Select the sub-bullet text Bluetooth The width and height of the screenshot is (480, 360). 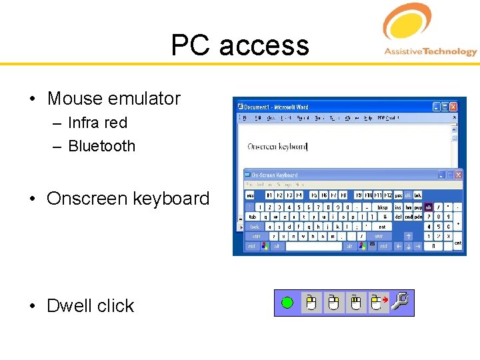[101, 146]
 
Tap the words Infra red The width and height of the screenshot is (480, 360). [97, 123]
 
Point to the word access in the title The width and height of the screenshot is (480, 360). [264, 45]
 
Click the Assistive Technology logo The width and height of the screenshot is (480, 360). [429, 31]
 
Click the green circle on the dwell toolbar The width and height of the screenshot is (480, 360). [287, 303]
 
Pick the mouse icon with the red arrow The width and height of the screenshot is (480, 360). [379, 303]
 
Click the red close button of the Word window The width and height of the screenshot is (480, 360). [453, 107]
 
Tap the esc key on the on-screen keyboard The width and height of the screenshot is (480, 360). [251, 195]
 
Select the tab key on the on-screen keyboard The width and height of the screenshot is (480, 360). [253, 217]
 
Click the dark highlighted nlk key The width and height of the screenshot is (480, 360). [428, 207]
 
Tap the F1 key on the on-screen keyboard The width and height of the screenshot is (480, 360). [270, 195]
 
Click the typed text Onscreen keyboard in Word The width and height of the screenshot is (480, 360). [277, 147]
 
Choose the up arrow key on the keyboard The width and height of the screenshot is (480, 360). [408, 236]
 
